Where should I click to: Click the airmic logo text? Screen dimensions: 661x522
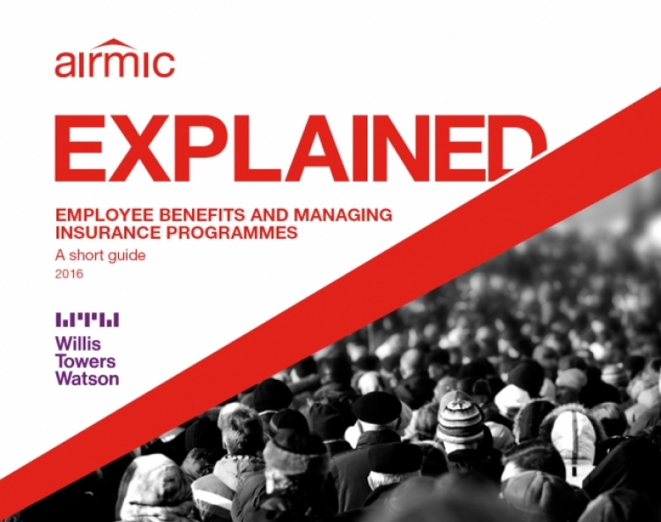point(115,64)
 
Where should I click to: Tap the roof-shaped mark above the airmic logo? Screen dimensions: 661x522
point(115,43)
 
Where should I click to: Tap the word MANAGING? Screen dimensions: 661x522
point(343,215)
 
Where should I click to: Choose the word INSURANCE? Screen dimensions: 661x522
point(107,233)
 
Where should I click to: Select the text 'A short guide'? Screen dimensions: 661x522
point(100,256)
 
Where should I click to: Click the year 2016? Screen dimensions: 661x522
point(69,274)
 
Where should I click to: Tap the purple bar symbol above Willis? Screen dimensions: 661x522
point(87,320)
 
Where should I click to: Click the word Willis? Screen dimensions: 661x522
point(78,344)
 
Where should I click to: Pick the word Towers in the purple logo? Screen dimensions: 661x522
point(86,361)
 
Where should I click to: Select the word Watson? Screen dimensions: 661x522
point(87,377)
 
